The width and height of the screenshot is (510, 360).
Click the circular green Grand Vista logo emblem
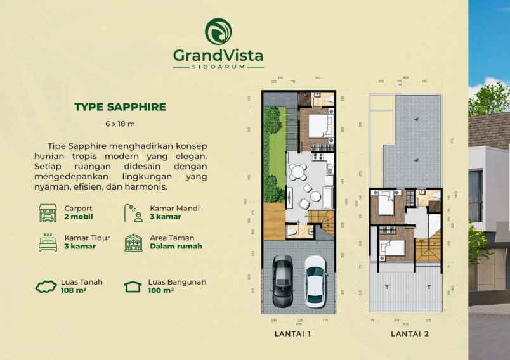tap(218, 31)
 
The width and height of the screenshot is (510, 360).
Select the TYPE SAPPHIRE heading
tap(120, 106)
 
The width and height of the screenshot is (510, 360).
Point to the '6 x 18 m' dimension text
tap(120, 124)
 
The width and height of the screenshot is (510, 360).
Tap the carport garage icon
tap(48, 212)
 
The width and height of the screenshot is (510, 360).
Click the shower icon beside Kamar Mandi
tap(133, 212)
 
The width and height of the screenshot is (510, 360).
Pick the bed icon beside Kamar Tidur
tap(48, 242)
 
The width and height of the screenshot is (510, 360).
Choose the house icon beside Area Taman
tap(133, 242)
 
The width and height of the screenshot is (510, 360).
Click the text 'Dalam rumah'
tap(176, 247)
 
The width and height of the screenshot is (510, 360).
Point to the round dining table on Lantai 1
tap(297, 172)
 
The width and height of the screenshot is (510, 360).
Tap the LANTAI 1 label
tap(292, 333)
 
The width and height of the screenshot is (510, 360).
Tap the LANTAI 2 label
tap(409, 333)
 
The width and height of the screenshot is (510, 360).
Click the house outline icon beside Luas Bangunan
tap(133, 286)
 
